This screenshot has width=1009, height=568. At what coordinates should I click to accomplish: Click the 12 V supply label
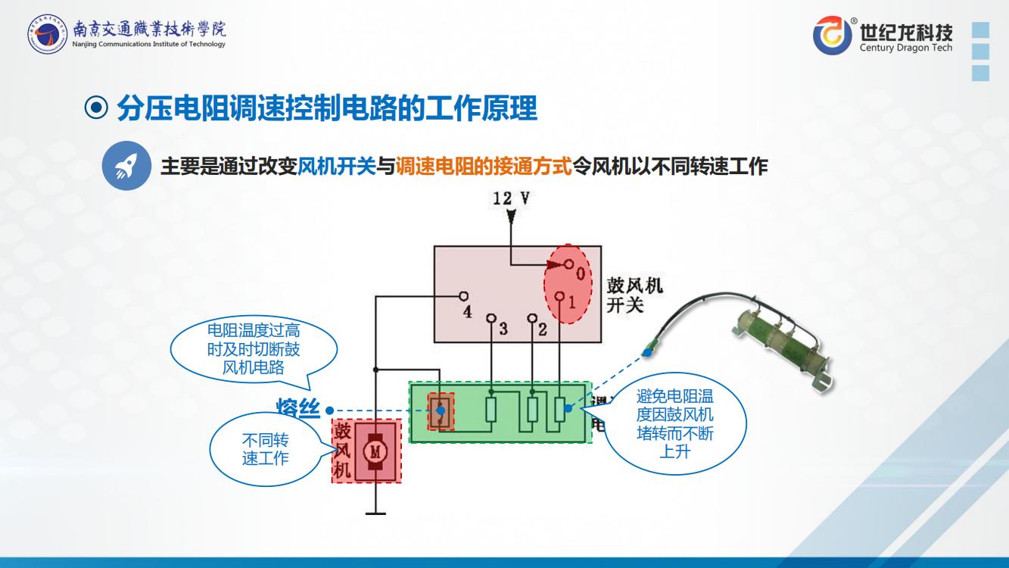(x=510, y=198)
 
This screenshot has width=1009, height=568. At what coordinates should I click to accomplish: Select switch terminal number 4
(x=464, y=296)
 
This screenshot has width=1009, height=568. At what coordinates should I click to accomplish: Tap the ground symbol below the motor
(x=375, y=513)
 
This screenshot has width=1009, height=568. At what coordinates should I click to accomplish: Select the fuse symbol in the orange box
(x=440, y=412)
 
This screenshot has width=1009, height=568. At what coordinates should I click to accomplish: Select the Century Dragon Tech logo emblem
(x=832, y=35)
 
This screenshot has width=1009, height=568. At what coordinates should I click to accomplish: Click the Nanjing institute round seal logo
(x=47, y=34)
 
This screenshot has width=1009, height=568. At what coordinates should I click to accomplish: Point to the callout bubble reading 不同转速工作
(x=265, y=449)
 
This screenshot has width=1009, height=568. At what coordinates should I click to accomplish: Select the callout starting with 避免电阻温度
(x=675, y=424)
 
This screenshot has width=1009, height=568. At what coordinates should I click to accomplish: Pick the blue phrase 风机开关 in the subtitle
(x=337, y=167)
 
